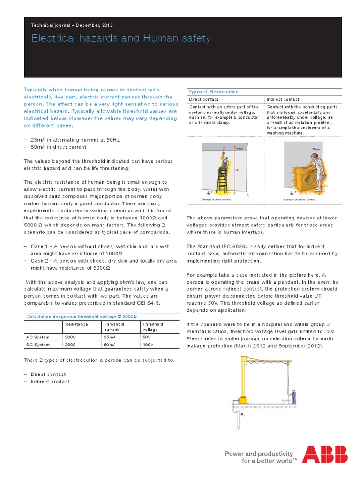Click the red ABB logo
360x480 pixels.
coord(325,455)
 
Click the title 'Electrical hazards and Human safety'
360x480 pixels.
coord(120,38)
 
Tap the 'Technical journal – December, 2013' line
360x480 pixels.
coord(72,25)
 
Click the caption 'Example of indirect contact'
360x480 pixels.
coord(299,199)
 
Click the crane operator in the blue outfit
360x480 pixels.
coord(293,396)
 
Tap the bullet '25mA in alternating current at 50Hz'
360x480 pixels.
coord(68,140)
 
